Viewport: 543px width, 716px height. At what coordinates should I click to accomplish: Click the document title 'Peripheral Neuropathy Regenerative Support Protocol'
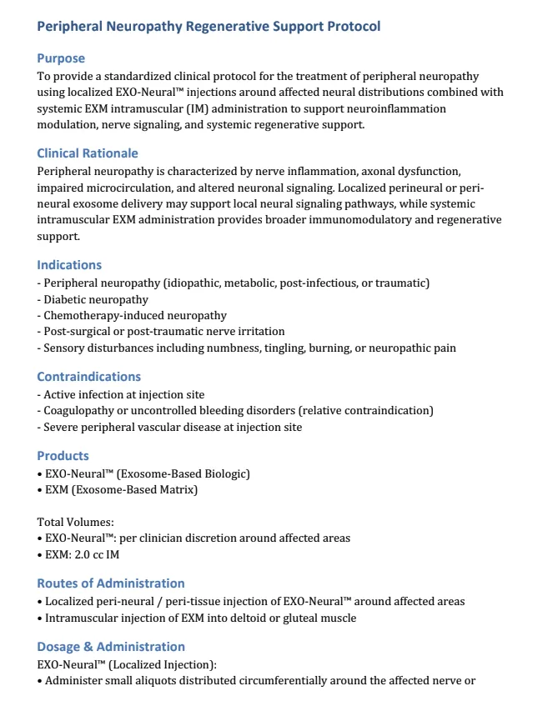pyautogui.click(x=209, y=27)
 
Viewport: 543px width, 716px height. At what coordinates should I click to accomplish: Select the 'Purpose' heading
pyautogui.click(x=61, y=58)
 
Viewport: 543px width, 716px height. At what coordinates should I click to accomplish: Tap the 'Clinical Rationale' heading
pyautogui.click(x=88, y=153)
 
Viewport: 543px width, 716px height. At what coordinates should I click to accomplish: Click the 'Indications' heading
pyautogui.click(x=69, y=265)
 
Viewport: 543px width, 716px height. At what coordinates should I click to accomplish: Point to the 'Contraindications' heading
pyautogui.click(x=89, y=377)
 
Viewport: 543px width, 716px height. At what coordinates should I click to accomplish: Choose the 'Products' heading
pyautogui.click(x=63, y=456)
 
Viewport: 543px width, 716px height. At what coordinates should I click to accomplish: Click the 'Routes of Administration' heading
pyautogui.click(x=111, y=583)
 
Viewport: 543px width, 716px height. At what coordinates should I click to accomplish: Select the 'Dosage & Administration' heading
pyautogui.click(x=111, y=647)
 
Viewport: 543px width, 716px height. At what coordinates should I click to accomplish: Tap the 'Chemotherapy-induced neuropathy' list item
pyautogui.click(x=134, y=316)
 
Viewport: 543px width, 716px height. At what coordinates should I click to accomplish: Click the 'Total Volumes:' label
pyautogui.click(x=76, y=523)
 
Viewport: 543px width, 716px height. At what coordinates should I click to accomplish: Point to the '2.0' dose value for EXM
pyautogui.click(x=94, y=554)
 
